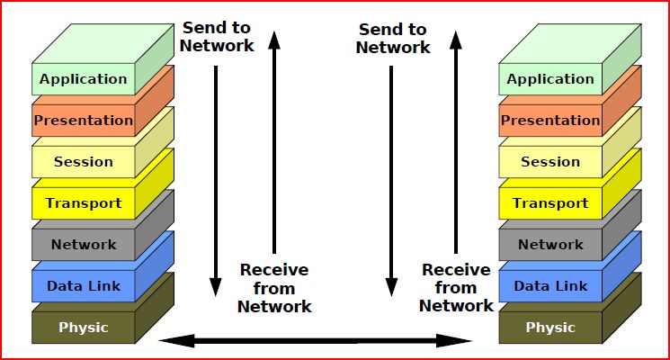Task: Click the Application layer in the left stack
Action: pos(83,79)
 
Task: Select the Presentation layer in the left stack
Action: pos(83,121)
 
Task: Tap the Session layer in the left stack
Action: pos(83,162)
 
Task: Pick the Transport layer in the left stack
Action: pos(83,203)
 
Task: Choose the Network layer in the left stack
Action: pos(83,245)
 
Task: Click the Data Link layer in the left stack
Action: pos(83,286)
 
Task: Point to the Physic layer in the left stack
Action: pos(83,328)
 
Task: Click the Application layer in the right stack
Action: pos(550,79)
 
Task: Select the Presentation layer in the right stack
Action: pos(550,121)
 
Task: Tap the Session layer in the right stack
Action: pos(550,162)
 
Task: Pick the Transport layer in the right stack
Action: pos(550,203)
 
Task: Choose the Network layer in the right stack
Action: pos(550,245)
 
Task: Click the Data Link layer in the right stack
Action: pos(550,286)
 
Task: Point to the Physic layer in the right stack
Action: pos(550,328)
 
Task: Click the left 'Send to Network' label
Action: pos(218,36)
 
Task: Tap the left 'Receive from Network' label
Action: pos(274,288)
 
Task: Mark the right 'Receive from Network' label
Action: pos(456,288)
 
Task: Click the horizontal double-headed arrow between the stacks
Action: pos(315,341)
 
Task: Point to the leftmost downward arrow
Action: pos(216,180)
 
